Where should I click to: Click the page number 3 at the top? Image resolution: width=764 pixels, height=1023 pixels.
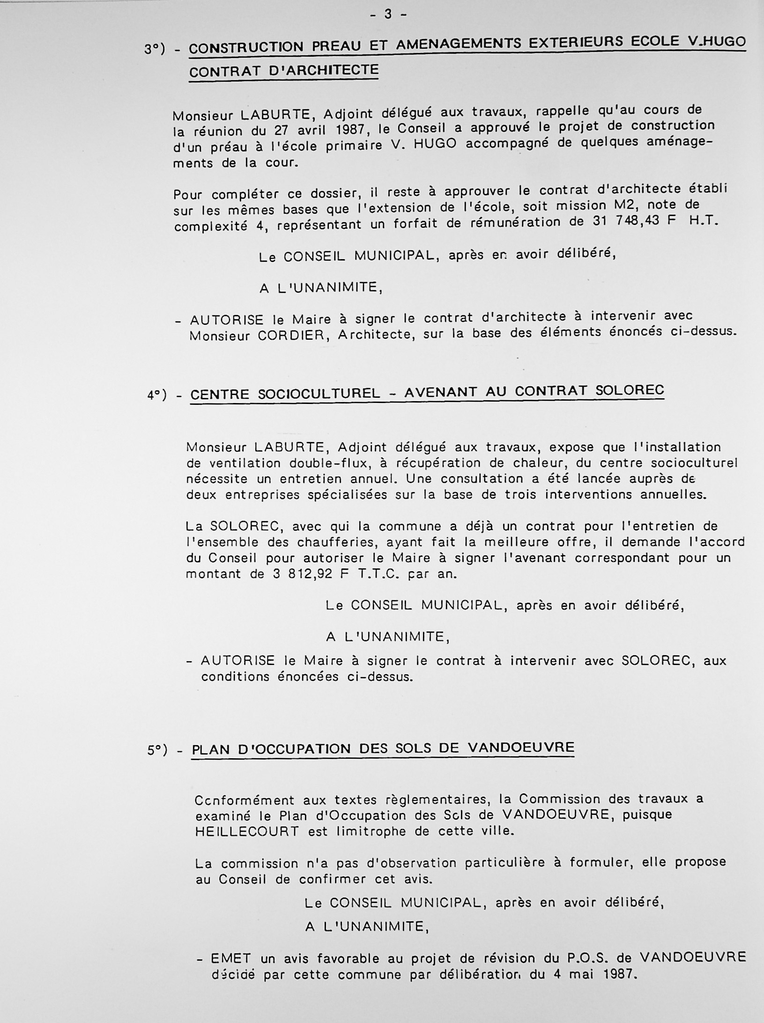388,14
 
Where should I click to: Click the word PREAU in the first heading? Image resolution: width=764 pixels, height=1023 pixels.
336,46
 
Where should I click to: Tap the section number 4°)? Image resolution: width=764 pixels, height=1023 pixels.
157,395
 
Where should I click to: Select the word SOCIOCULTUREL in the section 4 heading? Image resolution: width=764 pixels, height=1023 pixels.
319,393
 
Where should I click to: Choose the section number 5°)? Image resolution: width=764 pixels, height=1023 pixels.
157,750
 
